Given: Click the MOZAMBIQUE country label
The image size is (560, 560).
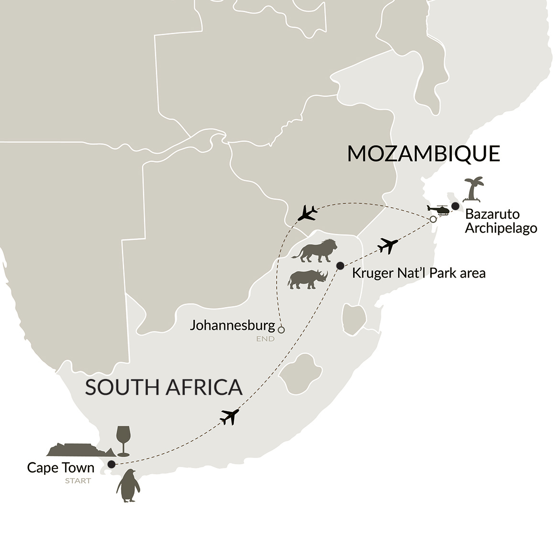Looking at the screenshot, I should click(424, 154).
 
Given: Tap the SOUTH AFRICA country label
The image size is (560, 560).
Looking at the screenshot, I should click(164, 387).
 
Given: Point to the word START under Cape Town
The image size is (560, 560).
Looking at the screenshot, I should click(78, 481).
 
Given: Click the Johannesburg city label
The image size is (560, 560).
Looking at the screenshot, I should click(233, 325).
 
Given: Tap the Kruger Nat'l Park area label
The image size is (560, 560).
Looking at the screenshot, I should click(419, 273).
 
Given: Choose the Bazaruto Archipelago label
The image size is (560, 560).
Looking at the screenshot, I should click(501, 221).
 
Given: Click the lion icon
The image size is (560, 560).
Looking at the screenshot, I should click(314, 250).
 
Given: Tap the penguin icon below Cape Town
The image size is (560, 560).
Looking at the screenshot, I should click(128, 485).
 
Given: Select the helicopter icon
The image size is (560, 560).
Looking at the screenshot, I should click(438, 210).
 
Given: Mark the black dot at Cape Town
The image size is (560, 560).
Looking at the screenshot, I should click(112, 464).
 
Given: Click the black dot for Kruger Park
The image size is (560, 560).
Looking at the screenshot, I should click(340, 266).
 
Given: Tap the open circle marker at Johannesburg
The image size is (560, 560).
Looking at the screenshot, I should click(281, 330).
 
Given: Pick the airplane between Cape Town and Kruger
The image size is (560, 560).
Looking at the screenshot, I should click(230, 416).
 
